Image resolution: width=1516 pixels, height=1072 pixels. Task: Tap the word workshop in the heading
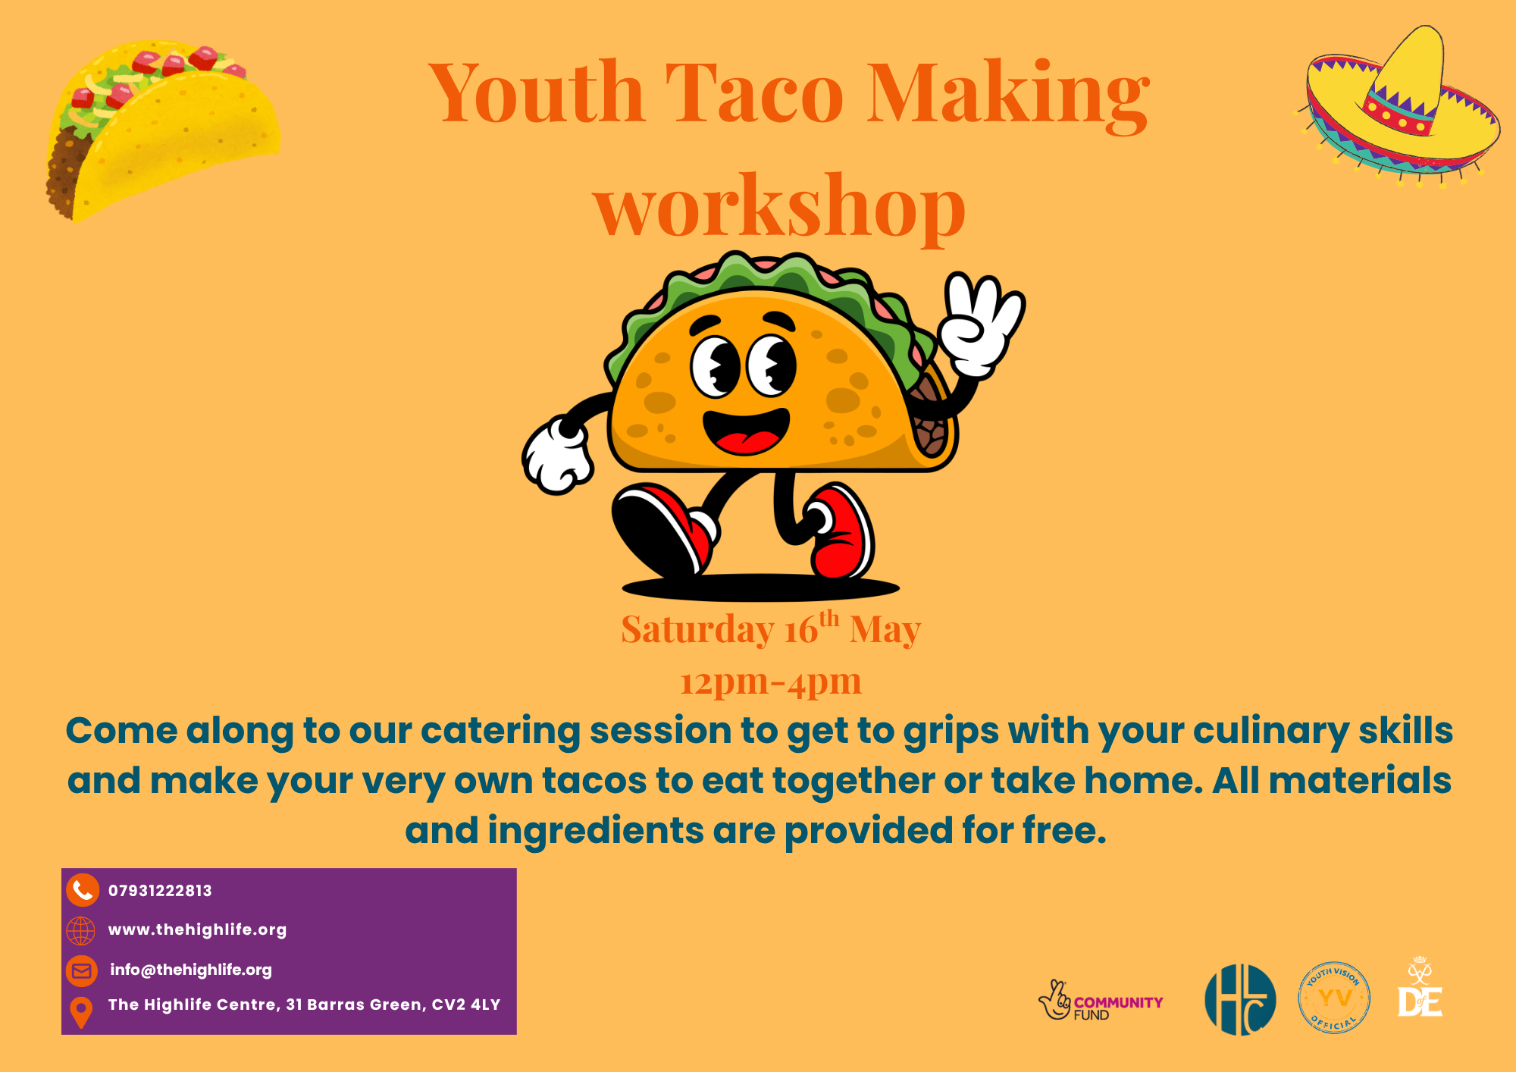point(778,207)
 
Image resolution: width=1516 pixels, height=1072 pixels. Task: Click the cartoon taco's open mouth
point(746,432)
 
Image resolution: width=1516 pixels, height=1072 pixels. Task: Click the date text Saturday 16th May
point(770,629)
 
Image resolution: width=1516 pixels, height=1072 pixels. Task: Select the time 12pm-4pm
point(770,682)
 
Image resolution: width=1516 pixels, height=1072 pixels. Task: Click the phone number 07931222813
point(160,891)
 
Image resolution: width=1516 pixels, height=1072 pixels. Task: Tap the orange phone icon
point(82,890)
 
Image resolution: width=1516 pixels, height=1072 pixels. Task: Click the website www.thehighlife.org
point(197,929)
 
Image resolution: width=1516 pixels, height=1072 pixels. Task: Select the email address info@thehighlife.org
point(190,970)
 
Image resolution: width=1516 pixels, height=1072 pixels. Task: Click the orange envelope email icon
point(82,970)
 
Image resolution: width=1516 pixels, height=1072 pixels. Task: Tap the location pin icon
point(81,1011)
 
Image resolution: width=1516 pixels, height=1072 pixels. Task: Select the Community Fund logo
point(1100,1001)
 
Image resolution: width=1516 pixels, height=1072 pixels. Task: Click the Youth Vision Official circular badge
point(1334,998)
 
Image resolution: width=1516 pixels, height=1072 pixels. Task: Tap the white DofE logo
point(1420,989)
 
